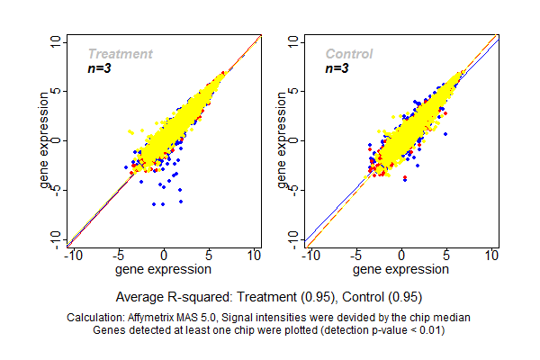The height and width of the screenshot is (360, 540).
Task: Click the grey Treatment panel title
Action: tap(120, 54)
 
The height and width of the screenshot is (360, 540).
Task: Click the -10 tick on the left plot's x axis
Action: tap(72, 255)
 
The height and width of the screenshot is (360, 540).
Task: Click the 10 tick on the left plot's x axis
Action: tap(256, 255)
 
